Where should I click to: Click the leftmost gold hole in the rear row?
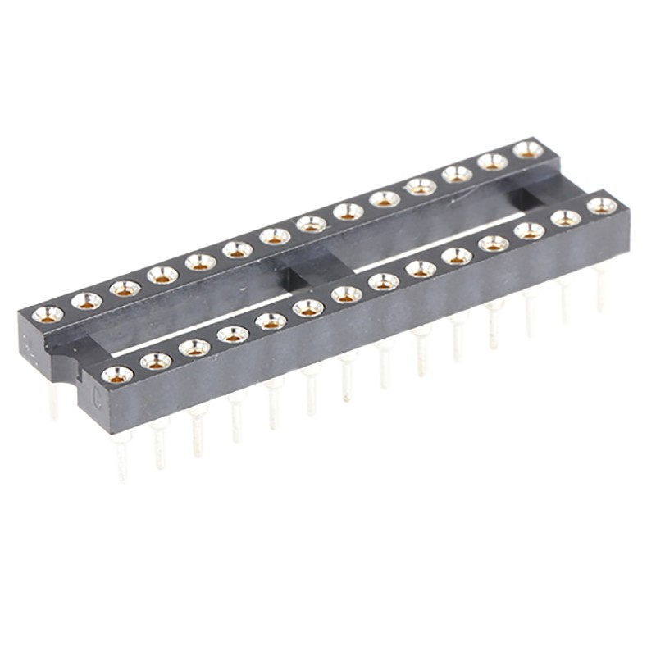pos(48,313)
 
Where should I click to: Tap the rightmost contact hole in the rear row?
pos(528,149)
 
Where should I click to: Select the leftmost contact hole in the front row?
pos(117,375)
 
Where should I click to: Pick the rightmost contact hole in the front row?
pos(602,206)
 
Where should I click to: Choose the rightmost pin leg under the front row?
pos(600,287)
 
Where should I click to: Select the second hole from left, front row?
pos(156,361)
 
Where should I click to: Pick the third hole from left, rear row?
pos(125,288)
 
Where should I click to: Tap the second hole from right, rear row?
pos(493,162)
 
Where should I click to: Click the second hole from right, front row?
pos(565,218)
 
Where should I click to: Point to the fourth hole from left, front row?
pos(233,335)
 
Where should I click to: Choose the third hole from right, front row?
pos(529,231)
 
